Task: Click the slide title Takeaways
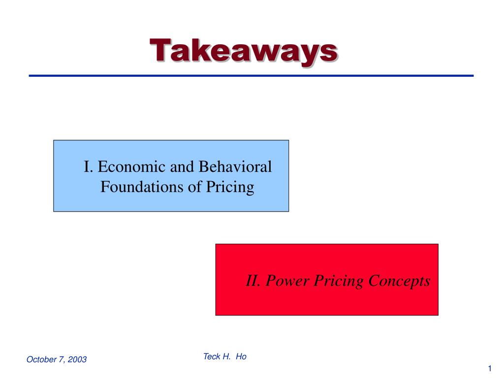point(244,51)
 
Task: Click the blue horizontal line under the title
point(251,76)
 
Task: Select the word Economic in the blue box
point(132,167)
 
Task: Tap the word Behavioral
point(235,167)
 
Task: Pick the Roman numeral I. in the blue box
point(88,167)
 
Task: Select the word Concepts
point(400,281)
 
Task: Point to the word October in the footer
point(41,359)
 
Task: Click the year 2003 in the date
point(77,359)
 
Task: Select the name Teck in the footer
point(211,356)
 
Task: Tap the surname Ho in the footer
point(241,356)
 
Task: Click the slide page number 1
point(490,369)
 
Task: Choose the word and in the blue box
point(182,167)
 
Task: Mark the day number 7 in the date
point(61,359)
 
